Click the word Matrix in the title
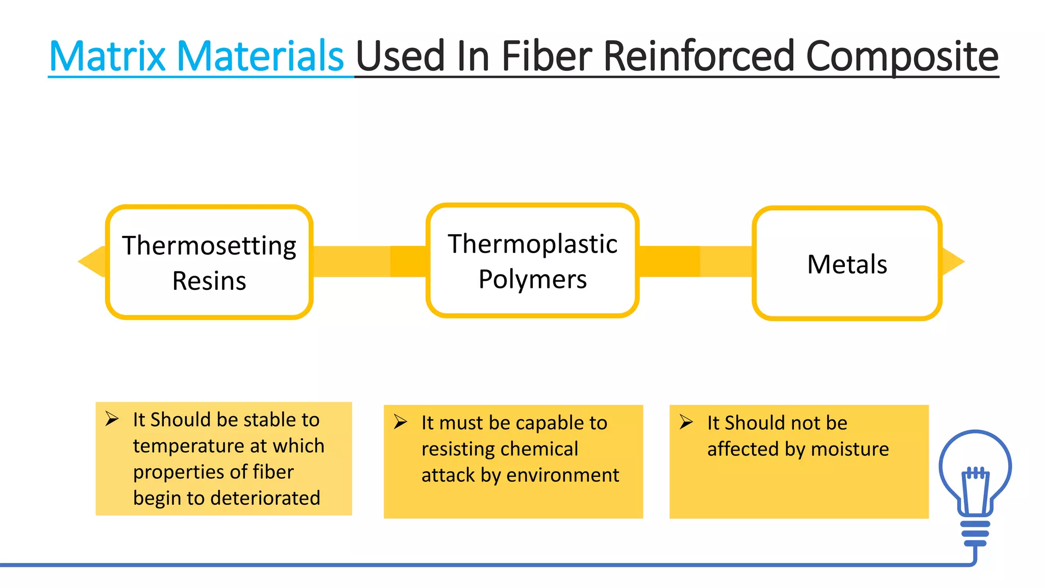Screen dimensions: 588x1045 [108, 56]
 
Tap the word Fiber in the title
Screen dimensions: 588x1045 [546, 56]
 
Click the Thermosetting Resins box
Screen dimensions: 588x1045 [209, 262]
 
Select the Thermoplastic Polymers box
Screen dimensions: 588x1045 [532, 261]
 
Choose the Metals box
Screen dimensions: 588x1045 [847, 263]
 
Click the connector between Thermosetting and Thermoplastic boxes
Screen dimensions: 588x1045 [369, 262]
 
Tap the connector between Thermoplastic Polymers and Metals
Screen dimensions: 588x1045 [695, 262]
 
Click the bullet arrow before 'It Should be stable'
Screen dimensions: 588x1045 [112, 419]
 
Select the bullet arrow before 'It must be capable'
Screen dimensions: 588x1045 [401, 422]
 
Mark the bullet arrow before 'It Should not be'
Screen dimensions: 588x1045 [686, 422]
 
